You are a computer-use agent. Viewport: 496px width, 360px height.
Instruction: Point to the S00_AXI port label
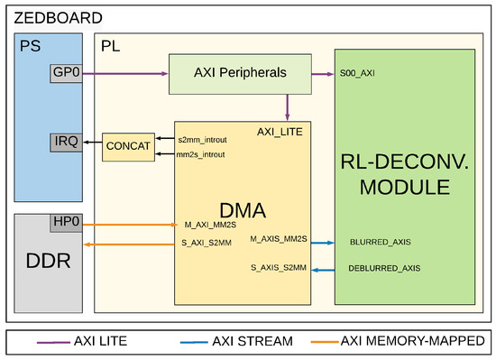click(358, 73)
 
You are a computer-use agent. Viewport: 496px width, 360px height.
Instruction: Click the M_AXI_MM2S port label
click(209, 225)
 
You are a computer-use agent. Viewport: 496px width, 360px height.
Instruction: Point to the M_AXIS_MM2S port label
click(278, 240)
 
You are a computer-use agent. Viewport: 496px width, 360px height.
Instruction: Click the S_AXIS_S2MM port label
click(278, 268)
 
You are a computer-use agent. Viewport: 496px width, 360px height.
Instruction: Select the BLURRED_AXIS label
click(380, 242)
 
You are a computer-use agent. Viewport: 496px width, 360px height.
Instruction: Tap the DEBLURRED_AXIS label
click(384, 268)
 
